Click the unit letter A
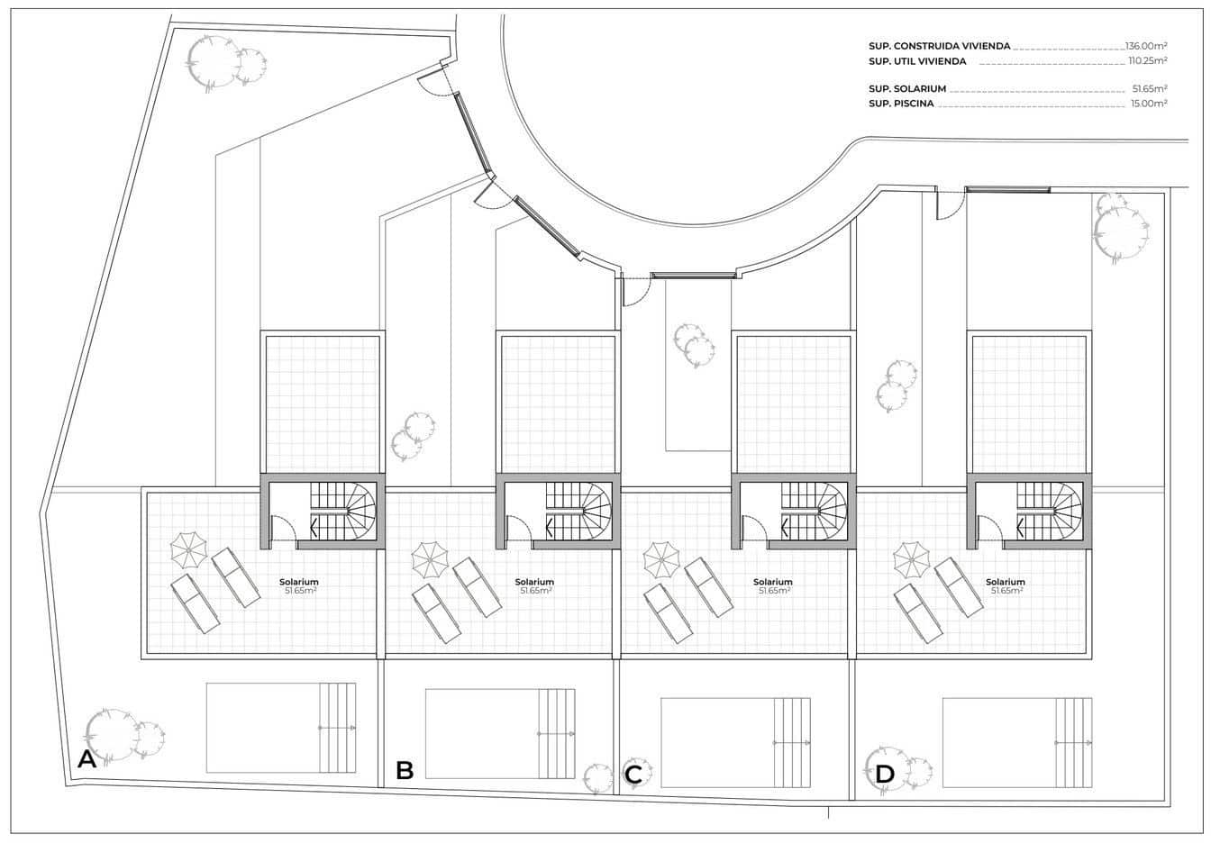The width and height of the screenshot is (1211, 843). tap(87, 759)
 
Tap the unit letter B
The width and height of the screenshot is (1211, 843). tap(405, 770)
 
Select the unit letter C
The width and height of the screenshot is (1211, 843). tap(633, 775)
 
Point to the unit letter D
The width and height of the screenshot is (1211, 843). tap(885, 775)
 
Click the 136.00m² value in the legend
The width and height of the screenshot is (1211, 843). tap(1146, 47)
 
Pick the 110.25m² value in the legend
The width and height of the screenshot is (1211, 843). tap(1148, 61)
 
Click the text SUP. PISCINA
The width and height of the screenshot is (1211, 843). tap(901, 104)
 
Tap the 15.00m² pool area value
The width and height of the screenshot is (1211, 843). tap(1149, 104)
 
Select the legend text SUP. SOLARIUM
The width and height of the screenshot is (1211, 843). tap(907, 88)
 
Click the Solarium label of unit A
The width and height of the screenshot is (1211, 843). tap(299, 582)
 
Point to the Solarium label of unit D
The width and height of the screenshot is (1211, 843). tap(1006, 582)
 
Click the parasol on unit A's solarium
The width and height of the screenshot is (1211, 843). tap(188, 550)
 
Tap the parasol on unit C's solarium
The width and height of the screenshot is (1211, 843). tap(661, 560)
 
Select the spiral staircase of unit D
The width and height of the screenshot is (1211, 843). tap(1049, 511)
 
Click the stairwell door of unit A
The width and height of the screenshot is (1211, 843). tap(283, 529)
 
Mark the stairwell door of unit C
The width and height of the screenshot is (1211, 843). tap(754, 529)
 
